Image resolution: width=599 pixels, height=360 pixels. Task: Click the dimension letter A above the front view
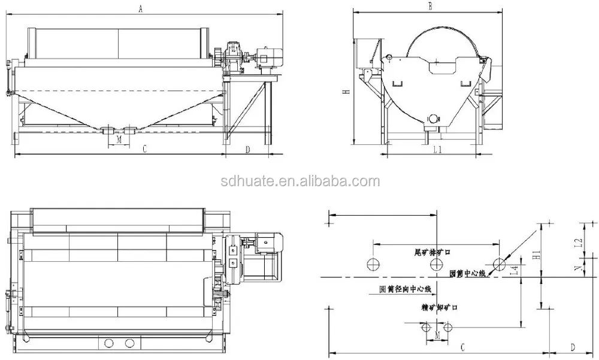(x=140, y=8)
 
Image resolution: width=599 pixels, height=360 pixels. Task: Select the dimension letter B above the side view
(x=429, y=6)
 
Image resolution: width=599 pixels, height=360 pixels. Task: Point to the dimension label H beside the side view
(x=346, y=92)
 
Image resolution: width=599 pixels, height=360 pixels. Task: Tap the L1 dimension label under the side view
(x=437, y=150)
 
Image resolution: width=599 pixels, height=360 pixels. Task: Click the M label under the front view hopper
(x=118, y=139)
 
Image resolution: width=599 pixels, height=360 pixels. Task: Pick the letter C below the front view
(x=145, y=149)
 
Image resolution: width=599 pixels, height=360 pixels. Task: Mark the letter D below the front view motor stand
(x=247, y=149)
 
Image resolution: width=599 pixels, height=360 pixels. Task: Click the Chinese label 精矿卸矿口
(x=439, y=307)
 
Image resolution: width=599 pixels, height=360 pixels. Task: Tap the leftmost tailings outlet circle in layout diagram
(x=373, y=264)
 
